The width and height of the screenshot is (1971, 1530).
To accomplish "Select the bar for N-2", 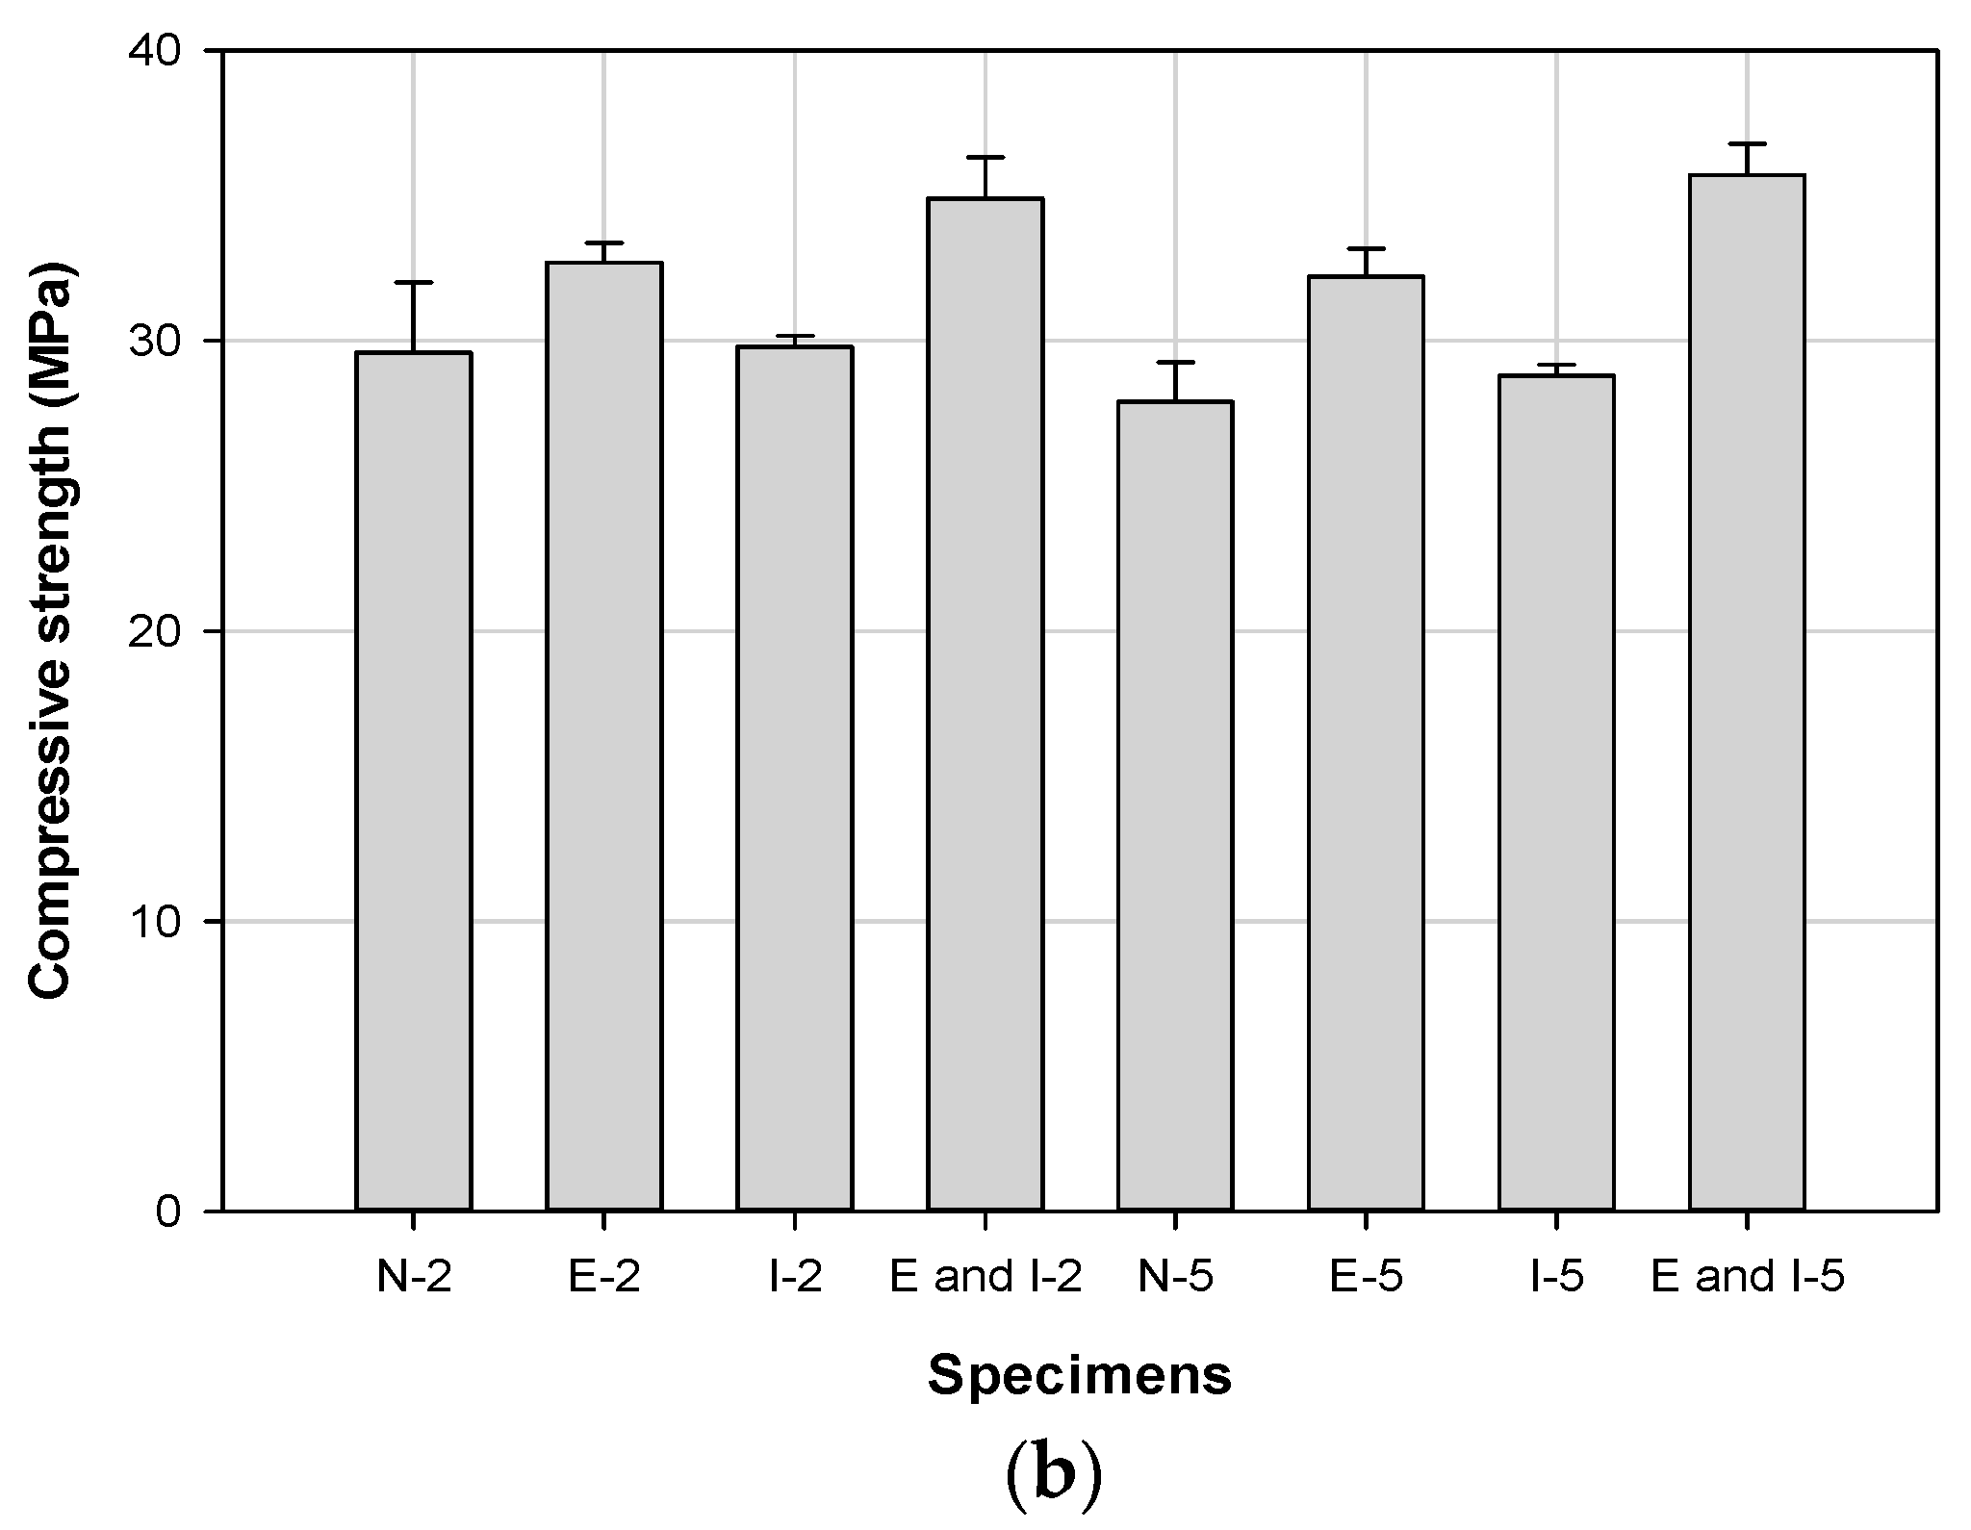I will pos(413,780).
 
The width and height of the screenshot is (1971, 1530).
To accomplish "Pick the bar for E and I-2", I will pos(985,703).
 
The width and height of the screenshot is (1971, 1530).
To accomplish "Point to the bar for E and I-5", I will pos(1746,692).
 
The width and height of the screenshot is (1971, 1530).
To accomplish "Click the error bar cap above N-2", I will pos(413,283).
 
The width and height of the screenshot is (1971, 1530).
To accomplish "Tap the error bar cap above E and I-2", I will pos(985,157).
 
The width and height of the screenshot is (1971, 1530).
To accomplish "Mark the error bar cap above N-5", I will pos(1174,363).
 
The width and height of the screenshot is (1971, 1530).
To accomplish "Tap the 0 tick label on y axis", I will pos(169,1211).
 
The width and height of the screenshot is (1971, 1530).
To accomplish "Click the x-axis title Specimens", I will pos(1079,1376).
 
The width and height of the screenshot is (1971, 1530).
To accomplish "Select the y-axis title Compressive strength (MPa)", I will pos(52,630).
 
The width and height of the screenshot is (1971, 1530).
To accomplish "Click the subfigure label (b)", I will pos(1053,1478).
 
